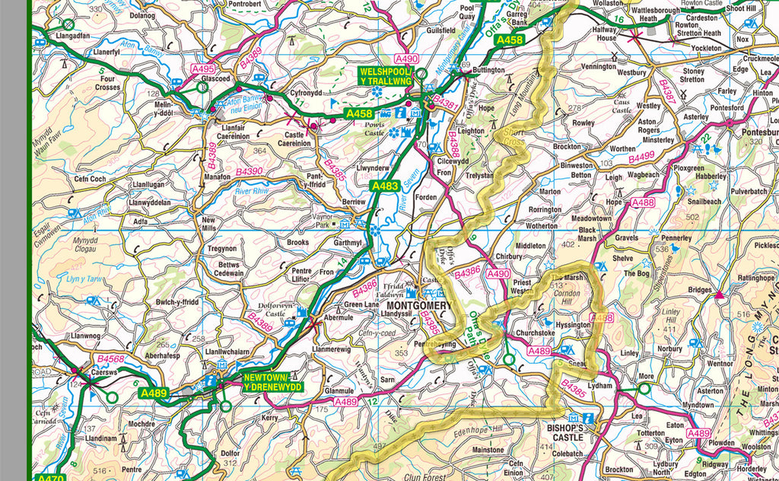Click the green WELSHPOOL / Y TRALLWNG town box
(x=386, y=76)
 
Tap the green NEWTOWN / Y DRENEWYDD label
(x=273, y=382)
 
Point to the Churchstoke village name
(x=536, y=332)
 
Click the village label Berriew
(x=354, y=202)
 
